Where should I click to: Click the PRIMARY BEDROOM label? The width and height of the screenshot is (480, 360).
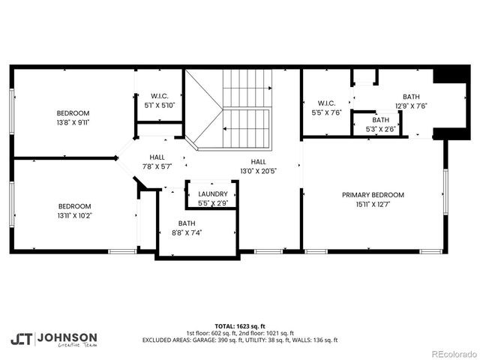[x=373, y=194]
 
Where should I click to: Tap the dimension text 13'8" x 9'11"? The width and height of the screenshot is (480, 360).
[x=73, y=121]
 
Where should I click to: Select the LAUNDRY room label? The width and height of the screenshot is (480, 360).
[x=213, y=193]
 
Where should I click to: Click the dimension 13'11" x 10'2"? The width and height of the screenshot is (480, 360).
[x=74, y=215]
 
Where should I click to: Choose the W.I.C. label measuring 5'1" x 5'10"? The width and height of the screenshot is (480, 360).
[x=158, y=95]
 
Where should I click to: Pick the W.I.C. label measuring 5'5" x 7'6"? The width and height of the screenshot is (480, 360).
[x=326, y=103]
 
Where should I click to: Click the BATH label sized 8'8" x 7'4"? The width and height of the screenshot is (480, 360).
[x=187, y=223]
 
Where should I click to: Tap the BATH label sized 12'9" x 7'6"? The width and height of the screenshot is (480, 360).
[x=412, y=97]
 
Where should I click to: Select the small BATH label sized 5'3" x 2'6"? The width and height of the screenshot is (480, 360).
[x=381, y=120]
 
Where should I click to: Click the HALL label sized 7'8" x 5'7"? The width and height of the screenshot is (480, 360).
[x=157, y=157]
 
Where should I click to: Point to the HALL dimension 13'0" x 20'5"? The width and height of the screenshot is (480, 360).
[x=257, y=170]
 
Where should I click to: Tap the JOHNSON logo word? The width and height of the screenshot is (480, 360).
[x=67, y=337]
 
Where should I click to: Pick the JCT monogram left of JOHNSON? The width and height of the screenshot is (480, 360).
[x=20, y=339]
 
